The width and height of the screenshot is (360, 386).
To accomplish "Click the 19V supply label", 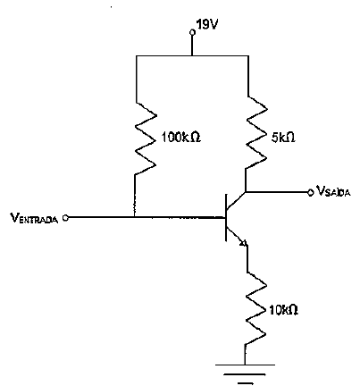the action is (207, 25).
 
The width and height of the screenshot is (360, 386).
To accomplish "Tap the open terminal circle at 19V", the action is (192, 32).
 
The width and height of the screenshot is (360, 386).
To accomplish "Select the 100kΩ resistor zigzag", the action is (146, 138).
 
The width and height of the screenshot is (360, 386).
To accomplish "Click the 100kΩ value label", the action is (181, 138).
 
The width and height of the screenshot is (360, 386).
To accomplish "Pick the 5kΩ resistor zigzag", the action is (256, 132).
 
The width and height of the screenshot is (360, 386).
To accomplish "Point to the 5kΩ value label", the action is (283, 138).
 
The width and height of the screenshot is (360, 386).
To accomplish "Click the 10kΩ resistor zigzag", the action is (256, 308).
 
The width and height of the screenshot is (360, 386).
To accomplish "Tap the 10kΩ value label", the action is (283, 310).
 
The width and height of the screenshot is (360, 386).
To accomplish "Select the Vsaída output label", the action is (333, 191).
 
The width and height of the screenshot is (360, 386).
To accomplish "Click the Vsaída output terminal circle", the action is (311, 193).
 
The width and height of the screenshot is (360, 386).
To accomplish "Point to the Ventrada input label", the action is (34, 218).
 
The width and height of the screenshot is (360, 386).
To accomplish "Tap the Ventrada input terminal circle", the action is (66, 218).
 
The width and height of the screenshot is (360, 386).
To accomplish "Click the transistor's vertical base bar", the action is (226, 217).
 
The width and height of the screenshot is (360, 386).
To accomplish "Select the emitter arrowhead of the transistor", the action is (244, 243).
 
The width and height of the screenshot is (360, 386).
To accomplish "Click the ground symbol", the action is (245, 373).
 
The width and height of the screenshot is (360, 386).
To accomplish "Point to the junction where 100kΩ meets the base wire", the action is (135, 217).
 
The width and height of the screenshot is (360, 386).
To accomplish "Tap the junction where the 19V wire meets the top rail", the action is (192, 55).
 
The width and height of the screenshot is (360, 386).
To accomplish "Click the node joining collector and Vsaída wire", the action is (246, 192).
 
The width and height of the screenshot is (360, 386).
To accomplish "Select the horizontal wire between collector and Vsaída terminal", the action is (277, 192).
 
